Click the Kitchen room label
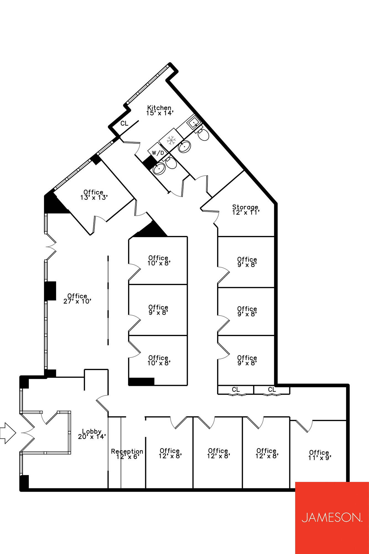click(159, 107)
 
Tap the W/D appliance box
click(158, 153)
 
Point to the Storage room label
click(245, 207)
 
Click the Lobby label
click(92, 431)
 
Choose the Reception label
click(127, 451)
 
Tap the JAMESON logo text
click(332, 517)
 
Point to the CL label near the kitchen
click(124, 123)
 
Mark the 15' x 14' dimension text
click(160, 113)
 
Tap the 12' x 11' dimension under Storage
click(246, 212)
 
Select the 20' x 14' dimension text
click(92, 437)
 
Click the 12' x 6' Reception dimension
click(127, 457)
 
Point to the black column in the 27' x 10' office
click(50, 291)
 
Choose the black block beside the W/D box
click(149, 162)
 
